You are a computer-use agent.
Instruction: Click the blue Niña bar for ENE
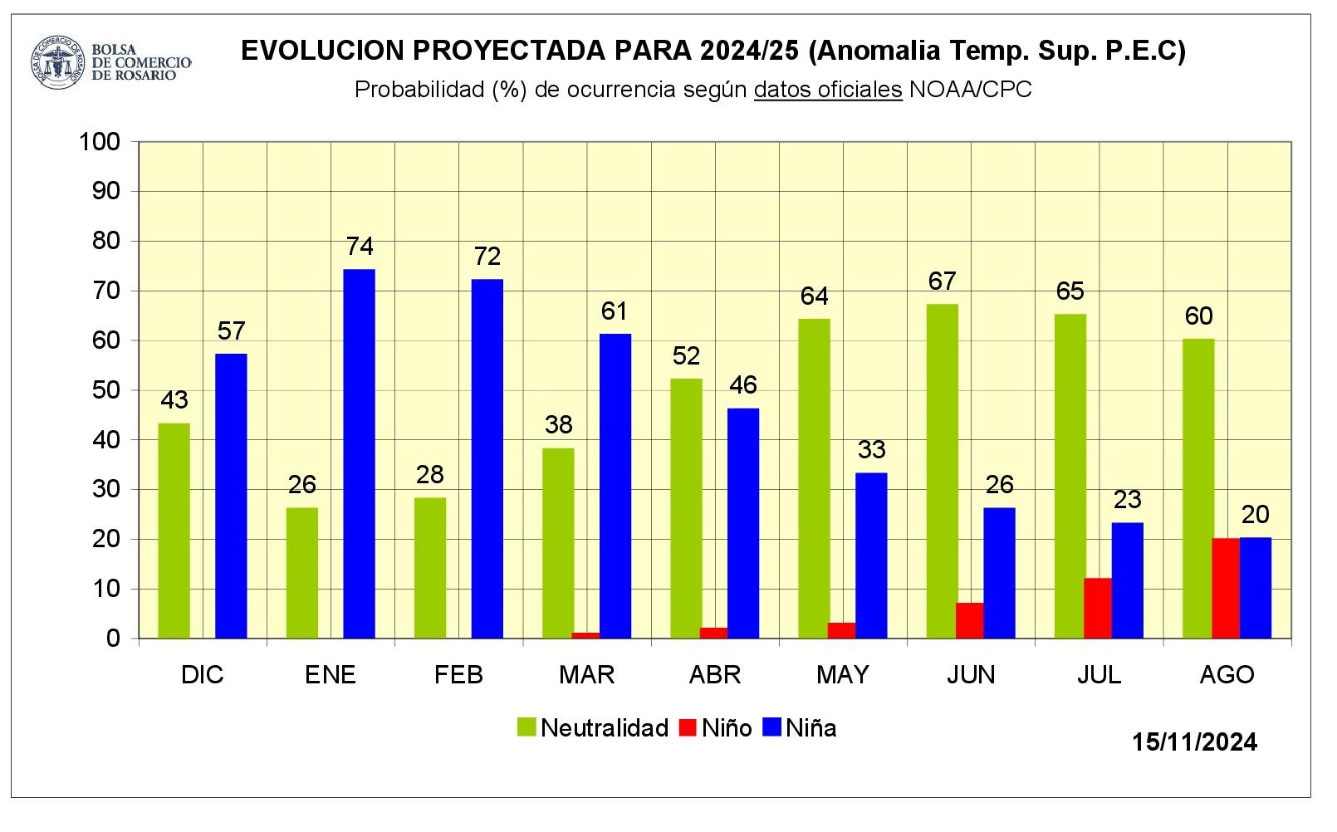(360, 453)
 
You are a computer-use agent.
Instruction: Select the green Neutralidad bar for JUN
(943, 471)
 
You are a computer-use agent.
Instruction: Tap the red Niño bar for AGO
(1226, 588)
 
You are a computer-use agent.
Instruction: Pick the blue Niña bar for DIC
(231, 496)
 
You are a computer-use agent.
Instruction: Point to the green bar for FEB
(430, 568)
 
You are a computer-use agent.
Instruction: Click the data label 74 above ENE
(360, 247)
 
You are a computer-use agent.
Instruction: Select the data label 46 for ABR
(743, 385)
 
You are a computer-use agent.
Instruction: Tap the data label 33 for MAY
(871, 450)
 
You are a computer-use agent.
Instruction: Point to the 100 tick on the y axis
(100, 142)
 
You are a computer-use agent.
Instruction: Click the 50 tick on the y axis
(105, 390)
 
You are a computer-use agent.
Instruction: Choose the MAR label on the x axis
(587, 674)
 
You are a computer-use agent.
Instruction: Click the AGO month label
(1227, 674)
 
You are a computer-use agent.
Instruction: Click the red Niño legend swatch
(688, 728)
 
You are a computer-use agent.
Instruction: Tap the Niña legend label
(811, 728)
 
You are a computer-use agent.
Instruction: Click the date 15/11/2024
(1194, 741)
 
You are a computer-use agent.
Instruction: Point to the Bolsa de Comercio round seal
(58, 61)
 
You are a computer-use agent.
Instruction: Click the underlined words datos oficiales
(827, 90)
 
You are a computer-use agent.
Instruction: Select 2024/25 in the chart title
(748, 51)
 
